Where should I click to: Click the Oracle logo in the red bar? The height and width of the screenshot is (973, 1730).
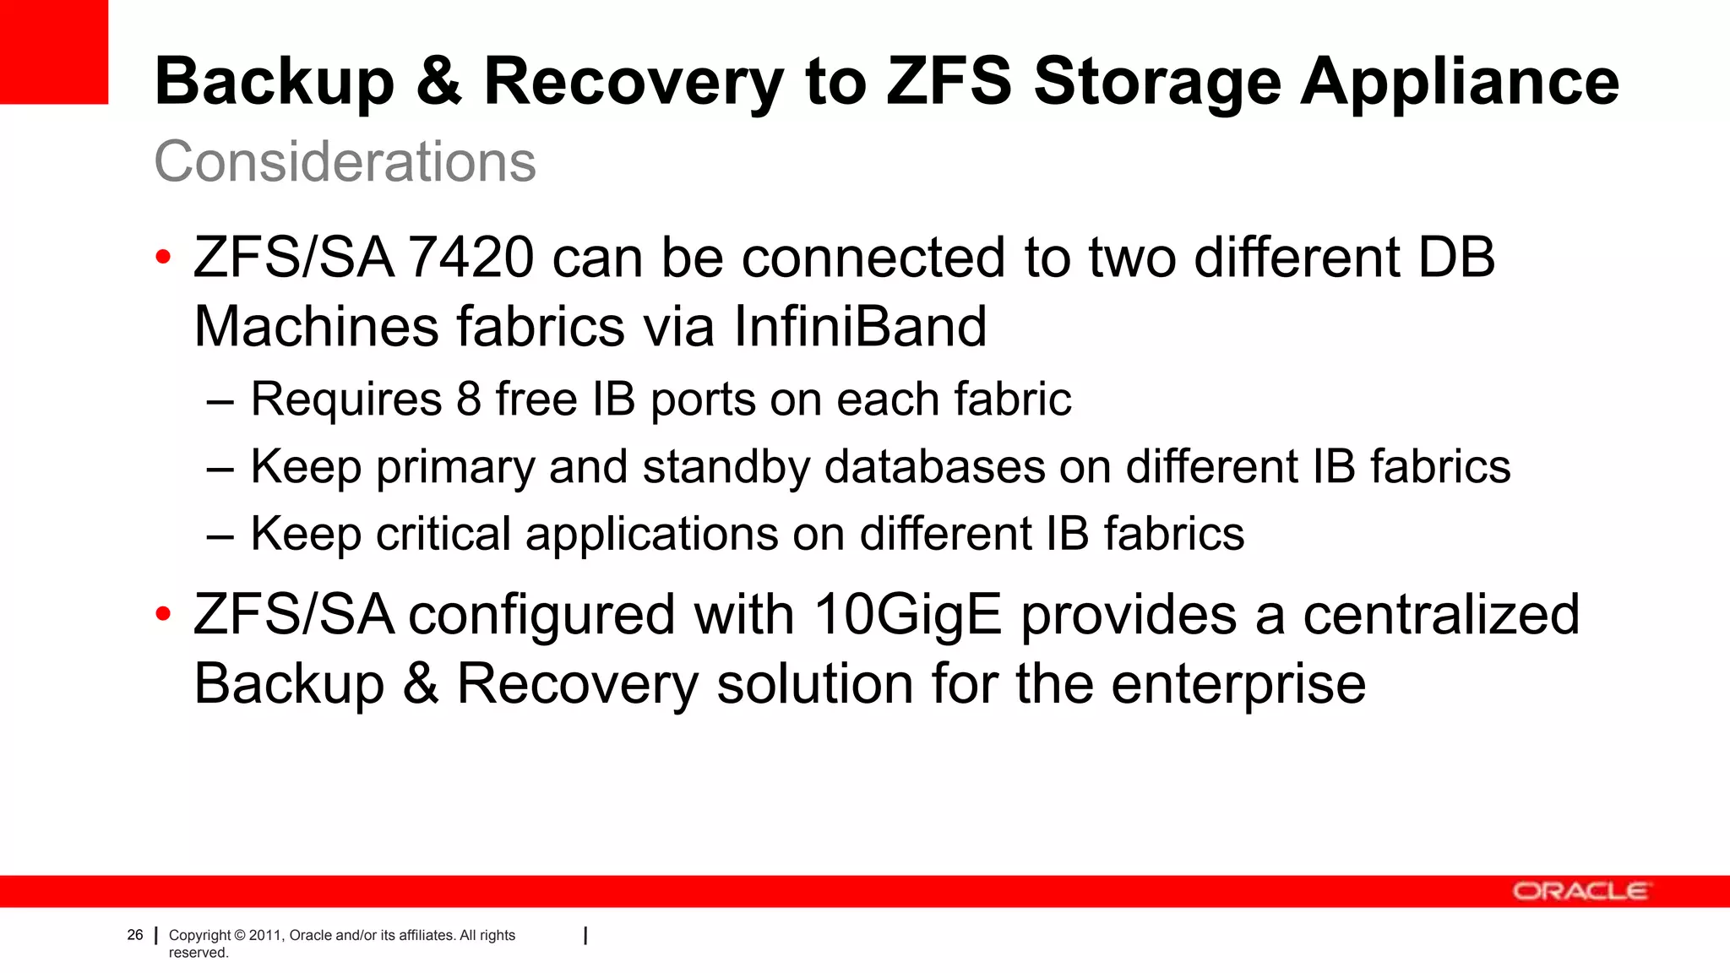point(1580,891)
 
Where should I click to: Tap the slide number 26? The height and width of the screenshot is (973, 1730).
point(135,935)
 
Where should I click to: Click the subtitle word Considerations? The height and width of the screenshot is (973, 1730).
point(345,161)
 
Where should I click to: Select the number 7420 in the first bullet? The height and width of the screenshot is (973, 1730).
point(471,258)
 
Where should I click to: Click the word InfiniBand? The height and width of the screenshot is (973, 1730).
point(860,327)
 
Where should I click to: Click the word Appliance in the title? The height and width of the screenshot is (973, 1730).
point(1460,82)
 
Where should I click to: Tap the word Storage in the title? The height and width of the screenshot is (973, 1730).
point(1156,82)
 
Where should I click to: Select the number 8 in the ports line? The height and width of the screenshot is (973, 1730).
point(469,400)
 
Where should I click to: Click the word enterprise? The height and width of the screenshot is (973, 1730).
point(1238,684)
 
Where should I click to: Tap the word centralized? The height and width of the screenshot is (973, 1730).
point(1441,615)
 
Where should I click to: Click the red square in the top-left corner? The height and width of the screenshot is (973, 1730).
point(54,52)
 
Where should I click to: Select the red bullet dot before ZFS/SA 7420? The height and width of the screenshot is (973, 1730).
point(164,257)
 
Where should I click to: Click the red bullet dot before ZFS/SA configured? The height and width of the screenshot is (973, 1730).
point(164,614)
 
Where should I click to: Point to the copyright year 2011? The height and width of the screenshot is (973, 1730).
point(266,935)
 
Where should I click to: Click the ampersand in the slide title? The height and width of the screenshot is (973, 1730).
point(439,82)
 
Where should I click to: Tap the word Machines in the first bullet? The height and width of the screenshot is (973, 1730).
point(317,327)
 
